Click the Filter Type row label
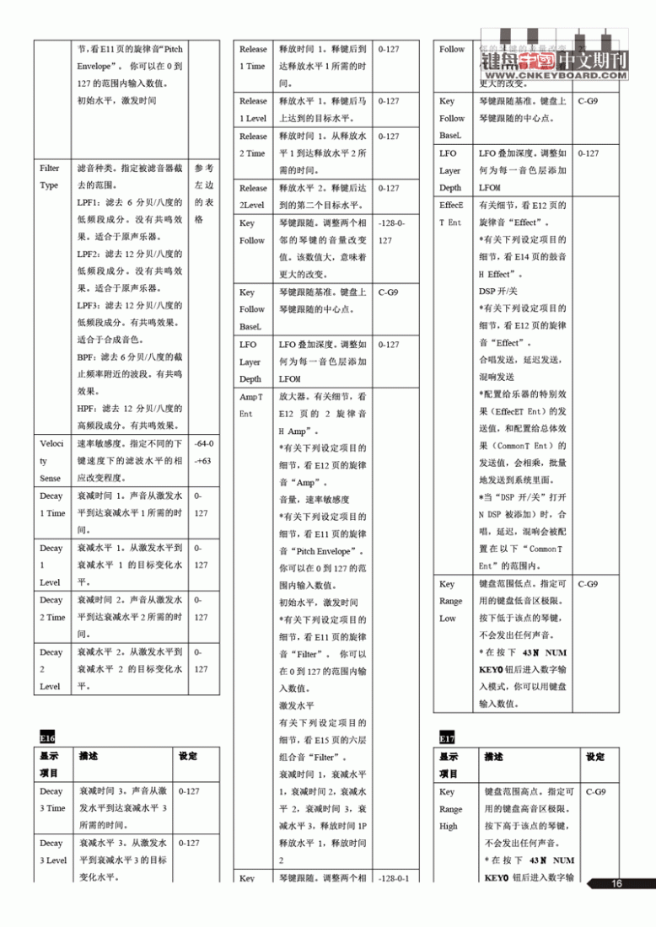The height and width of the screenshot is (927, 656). click(x=49, y=177)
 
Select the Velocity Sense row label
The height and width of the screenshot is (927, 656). click(x=50, y=460)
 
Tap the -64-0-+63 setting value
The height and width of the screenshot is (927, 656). click(x=202, y=452)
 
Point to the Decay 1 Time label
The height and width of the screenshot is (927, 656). click(x=51, y=504)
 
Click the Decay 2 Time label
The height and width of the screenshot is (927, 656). click(x=51, y=608)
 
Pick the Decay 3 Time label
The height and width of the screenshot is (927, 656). click(x=52, y=800)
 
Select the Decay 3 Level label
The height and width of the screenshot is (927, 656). click(x=52, y=851)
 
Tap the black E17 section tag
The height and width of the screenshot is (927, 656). click(x=447, y=738)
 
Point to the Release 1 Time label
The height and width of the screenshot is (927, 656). click(x=253, y=57)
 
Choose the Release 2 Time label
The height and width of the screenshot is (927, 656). click(x=253, y=144)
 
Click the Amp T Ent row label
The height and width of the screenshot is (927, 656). click(x=251, y=405)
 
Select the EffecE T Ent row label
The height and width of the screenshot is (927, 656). click(x=451, y=213)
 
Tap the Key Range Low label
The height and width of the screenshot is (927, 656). click(x=451, y=601)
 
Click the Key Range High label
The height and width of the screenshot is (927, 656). click(x=451, y=808)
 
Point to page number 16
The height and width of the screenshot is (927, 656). click(x=616, y=883)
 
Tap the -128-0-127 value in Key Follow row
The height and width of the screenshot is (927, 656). click(x=393, y=232)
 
